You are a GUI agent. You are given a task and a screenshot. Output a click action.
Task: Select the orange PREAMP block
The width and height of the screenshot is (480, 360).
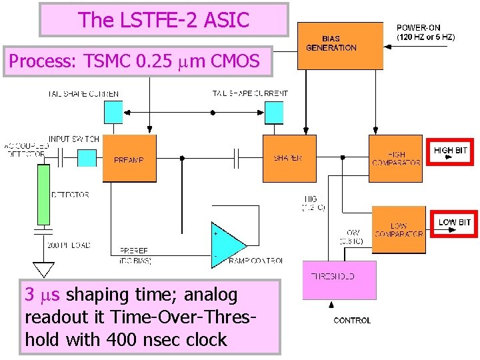click(x=129, y=158)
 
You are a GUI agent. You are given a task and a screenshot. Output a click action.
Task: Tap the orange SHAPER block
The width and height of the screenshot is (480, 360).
click(x=289, y=158)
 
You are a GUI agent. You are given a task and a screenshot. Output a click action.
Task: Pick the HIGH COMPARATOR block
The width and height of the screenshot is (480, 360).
click(x=396, y=158)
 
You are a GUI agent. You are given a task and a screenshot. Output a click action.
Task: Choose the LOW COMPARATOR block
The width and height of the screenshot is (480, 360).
click(x=398, y=229)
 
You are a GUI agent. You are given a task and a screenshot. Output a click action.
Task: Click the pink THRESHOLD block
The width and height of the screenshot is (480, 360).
click(x=339, y=279)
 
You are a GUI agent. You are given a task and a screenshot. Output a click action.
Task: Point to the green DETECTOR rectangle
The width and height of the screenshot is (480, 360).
click(x=43, y=194)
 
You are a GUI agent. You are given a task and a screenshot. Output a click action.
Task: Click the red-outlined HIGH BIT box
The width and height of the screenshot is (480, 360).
click(x=452, y=151)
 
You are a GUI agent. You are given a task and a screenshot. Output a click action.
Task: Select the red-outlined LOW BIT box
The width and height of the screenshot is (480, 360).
click(x=454, y=223)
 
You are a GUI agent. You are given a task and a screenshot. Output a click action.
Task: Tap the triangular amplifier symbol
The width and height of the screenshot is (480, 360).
click(x=227, y=245)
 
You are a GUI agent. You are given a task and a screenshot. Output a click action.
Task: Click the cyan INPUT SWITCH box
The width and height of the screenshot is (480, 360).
click(x=87, y=157)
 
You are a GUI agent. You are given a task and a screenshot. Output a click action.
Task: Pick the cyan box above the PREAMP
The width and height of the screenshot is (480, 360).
click(x=113, y=111)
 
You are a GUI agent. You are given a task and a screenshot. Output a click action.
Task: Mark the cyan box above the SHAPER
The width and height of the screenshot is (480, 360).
click(x=274, y=112)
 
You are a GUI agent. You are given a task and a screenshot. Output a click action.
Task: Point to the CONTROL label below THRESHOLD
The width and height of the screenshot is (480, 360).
click(x=352, y=321)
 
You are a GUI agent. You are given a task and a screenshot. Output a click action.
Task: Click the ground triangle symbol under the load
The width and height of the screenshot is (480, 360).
click(x=44, y=269)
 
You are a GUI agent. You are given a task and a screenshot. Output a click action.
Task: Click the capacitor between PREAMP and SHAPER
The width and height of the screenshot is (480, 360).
click(x=237, y=158)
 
